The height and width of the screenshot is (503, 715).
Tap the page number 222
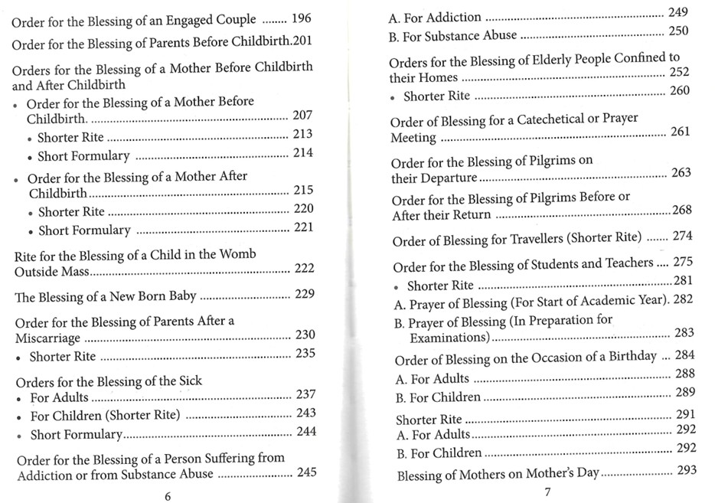304,268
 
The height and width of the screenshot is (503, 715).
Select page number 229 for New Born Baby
304,294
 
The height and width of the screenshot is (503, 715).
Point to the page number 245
306,472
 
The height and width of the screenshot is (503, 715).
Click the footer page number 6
168,495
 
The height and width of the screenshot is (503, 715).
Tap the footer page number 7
547,492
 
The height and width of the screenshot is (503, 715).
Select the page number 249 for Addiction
677,12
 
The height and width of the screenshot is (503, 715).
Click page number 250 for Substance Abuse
677,31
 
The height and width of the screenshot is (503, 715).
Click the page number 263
681,172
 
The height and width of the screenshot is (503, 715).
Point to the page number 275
682,263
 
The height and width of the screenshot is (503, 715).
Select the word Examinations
449,337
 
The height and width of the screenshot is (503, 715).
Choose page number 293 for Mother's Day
686,469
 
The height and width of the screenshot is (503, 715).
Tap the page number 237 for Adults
305,394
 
